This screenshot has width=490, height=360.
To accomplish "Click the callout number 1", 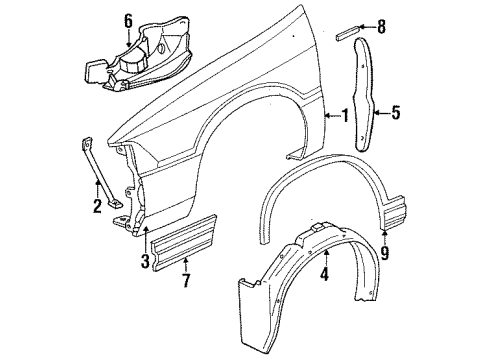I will click(345, 116).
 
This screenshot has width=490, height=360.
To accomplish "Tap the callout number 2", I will click(97, 208).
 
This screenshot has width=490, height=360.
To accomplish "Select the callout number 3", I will click(145, 261).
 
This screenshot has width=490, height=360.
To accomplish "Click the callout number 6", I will click(127, 20).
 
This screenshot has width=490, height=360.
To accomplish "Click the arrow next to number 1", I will click(332, 116).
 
